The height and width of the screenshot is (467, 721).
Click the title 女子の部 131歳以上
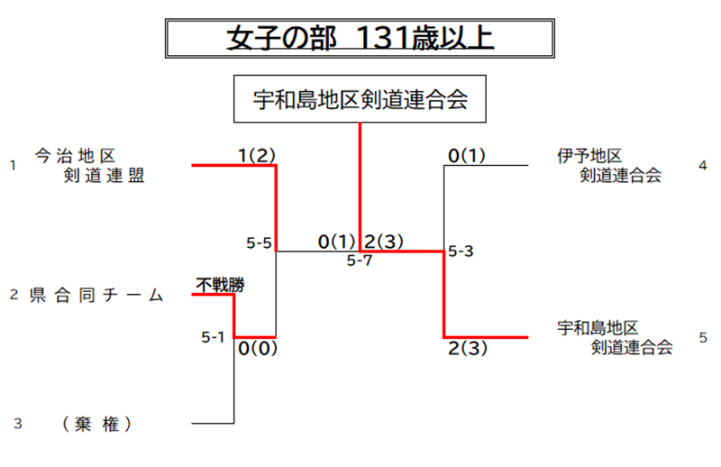pos(360,38)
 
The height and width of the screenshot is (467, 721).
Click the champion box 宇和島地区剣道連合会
pos(360,99)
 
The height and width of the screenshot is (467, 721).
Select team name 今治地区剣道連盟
pos(89,166)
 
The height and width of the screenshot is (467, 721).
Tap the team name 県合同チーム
pos(96,295)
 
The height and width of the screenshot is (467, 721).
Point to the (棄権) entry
pos(96,424)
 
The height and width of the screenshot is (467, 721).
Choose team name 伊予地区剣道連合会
pos(609,166)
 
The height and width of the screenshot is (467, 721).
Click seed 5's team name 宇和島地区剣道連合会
pos(615,338)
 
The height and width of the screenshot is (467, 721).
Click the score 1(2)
pos(257,155)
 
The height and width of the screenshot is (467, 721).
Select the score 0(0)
pos(258,348)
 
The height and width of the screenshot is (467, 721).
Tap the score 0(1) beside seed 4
pos(467,155)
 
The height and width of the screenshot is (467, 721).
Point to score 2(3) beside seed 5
pos(468,348)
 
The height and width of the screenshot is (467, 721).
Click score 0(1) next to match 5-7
pos(337,242)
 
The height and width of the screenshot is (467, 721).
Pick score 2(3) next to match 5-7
pos(384,242)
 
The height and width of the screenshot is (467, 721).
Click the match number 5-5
pos(259,243)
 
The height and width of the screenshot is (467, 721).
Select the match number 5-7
pos(360,261)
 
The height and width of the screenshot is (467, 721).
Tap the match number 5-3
pos(461,252)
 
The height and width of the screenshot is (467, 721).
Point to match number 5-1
pos(213,337)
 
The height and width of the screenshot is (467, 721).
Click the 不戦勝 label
pos(220,285)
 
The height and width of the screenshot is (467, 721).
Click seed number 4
pos(703,166)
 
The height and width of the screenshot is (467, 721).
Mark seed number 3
pos(18,424)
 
